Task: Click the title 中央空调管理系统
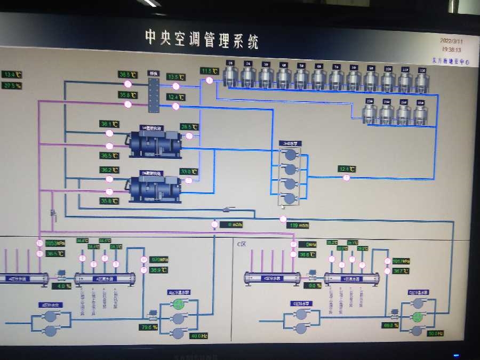(202, 39)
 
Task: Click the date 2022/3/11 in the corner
(452, 41)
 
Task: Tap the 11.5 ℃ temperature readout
(210, 71)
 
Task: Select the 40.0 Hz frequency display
(198, 336)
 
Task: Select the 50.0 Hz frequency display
(435, 333)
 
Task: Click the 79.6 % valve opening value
(149, 327)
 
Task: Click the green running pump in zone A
(178, 305)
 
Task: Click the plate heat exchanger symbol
(154, 95)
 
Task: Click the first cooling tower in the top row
(230, 75)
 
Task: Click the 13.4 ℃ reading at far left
(12, 75)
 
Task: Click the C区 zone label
(242, 244)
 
